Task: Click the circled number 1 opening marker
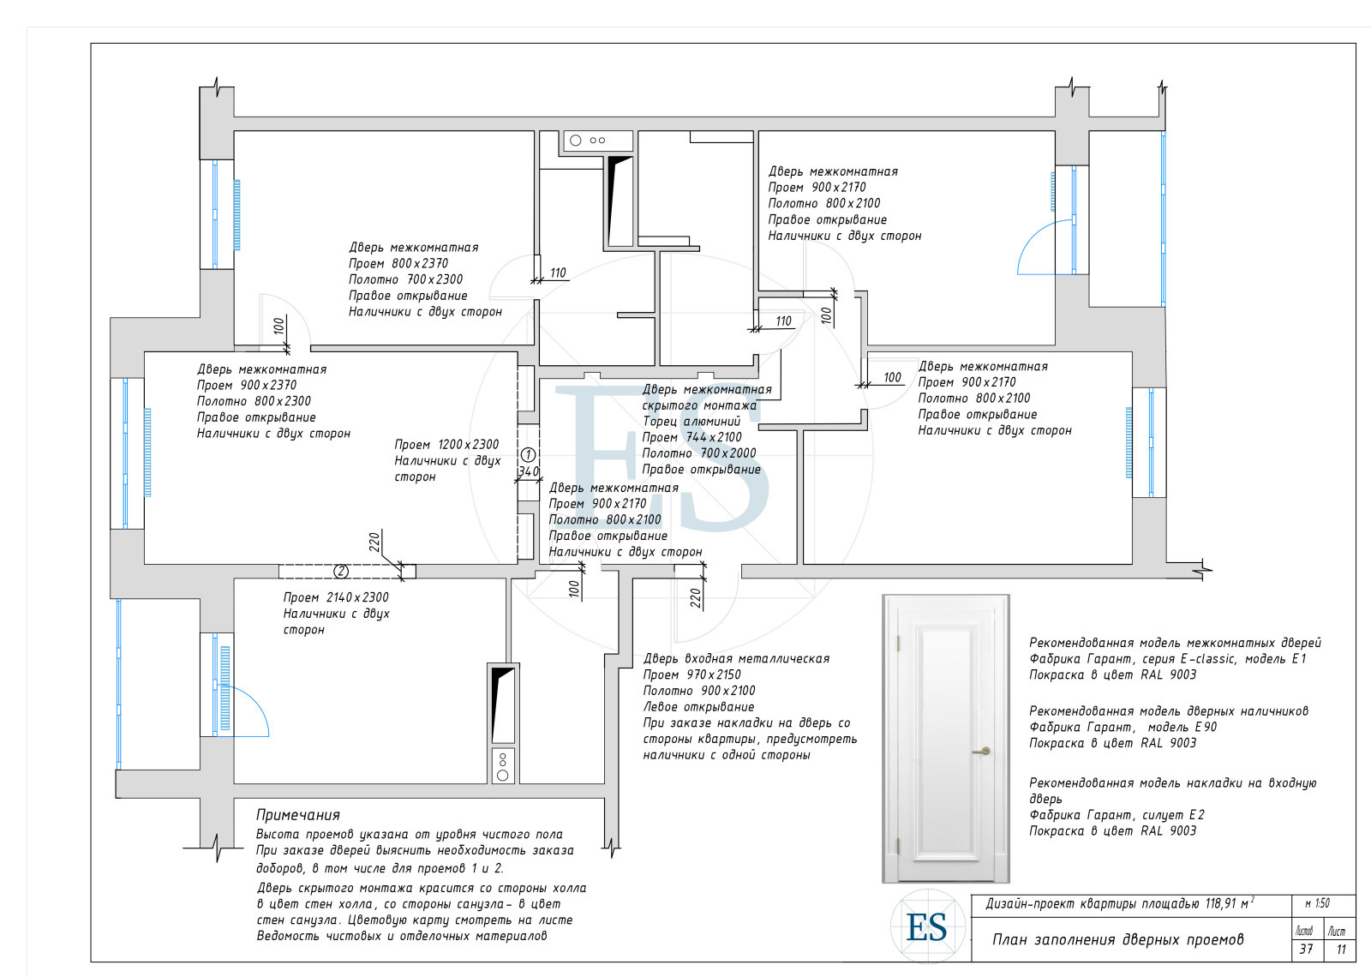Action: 528,455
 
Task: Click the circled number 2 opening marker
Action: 341,571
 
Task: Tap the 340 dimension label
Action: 528,471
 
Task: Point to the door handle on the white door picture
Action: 982,751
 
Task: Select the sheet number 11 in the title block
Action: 1341,950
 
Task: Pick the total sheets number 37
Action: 1306,949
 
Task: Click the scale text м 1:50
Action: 1318,903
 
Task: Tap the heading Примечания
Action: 298,815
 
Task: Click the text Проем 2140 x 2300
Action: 335,597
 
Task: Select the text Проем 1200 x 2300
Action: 446,445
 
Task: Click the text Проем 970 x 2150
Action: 691,674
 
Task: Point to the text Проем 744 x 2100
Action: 691,437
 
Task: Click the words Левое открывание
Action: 698,707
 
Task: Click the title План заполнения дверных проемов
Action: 1118,939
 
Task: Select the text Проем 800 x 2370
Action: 398,263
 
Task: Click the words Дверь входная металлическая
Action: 736,659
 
